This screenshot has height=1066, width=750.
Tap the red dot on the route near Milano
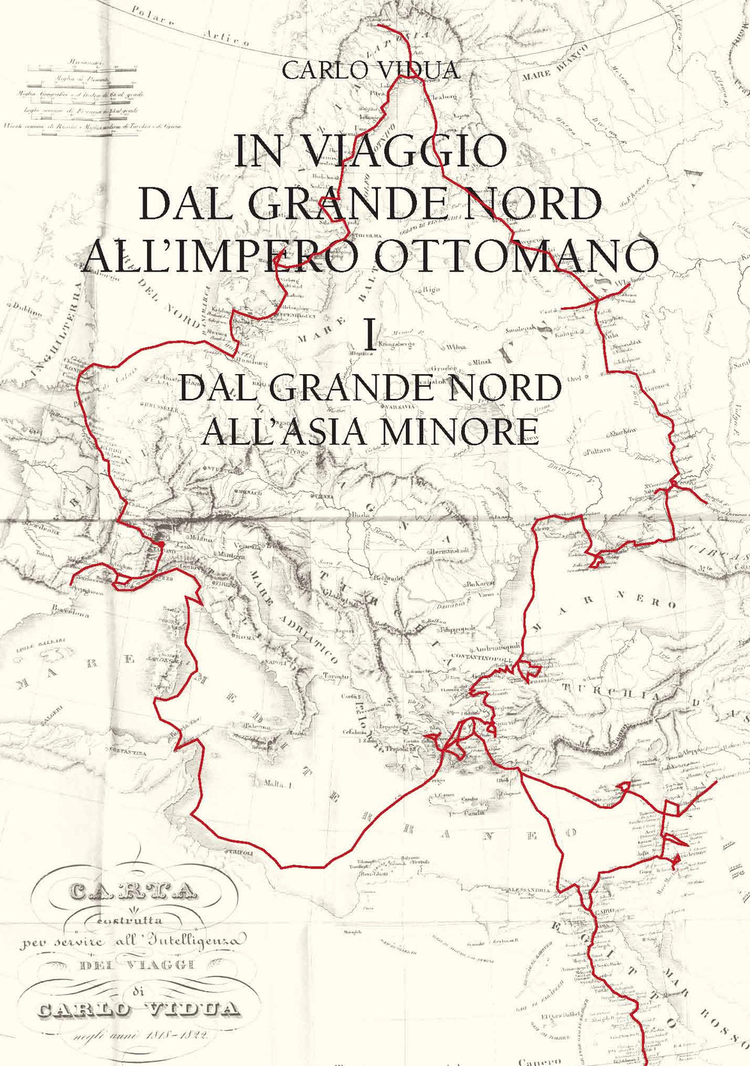point(160,543)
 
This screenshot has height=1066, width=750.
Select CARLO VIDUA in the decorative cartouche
point(139,1008)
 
